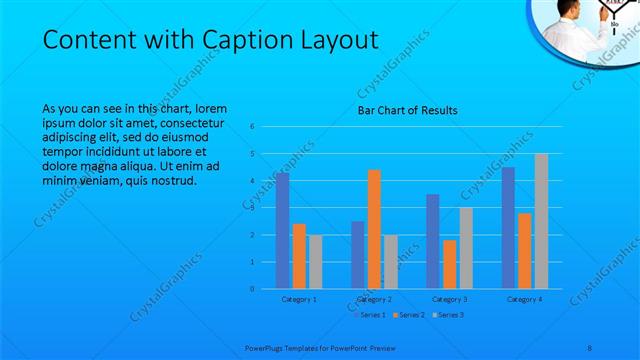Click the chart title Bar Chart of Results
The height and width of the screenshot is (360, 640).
pyautogui.click(x=408, y=111)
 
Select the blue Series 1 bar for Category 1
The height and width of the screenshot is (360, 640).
pyautogui.click(x=283, y=231)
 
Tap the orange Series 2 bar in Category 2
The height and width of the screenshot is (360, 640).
pyautogui.click(x=374, y=229)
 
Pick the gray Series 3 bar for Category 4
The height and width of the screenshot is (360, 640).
pyautogui.click(x=541, y=221)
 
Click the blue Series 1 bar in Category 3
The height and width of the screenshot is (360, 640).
pyautogui.click(x=432, y=241)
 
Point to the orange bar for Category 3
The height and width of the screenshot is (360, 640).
pyautogui.click(x=449, y=264)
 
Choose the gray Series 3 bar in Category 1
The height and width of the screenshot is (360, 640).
pyautogui.click(x=316, y=262)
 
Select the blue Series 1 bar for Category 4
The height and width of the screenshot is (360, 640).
pyautogui.click(x=508, y=228)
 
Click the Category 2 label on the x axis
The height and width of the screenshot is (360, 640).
pyautogui.click(x=373, y=299)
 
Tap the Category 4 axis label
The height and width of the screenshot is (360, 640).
pyautogui.click(x=524, y=299)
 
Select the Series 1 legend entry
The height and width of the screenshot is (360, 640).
pyautogui.click(x=370, y=315)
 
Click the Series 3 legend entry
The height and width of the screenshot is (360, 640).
pyautogui.click(x=447, y=315)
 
